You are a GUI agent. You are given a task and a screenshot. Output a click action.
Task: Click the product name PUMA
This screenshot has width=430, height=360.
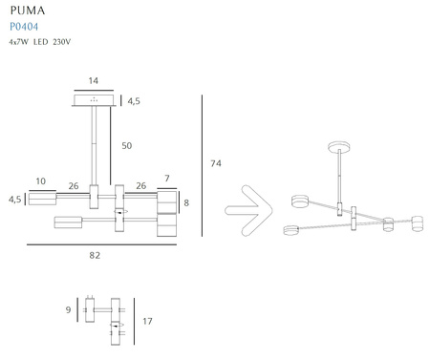tap(28, 11)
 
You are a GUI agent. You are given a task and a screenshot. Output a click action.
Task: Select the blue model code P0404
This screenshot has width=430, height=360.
tap(24, 27)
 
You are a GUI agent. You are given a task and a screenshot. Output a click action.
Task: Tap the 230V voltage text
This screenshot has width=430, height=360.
tap(62, 42)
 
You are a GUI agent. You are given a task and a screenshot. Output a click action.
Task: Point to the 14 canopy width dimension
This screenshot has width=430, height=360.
tap(94, 80)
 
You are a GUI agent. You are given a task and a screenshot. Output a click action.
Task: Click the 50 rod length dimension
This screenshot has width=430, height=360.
tap(127, 145)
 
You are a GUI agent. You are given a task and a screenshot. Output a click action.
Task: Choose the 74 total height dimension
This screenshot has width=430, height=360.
tap(216, 163)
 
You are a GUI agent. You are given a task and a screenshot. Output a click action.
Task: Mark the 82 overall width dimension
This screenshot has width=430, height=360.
tap(95, 255)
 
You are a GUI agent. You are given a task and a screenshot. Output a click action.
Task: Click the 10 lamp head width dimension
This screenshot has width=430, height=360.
tap(40, 181)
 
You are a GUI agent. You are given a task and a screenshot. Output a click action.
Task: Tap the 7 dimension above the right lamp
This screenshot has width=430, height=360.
tap(167, 179)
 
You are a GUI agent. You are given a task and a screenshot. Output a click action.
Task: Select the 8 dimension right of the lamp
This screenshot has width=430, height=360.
tap(186, 202)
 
